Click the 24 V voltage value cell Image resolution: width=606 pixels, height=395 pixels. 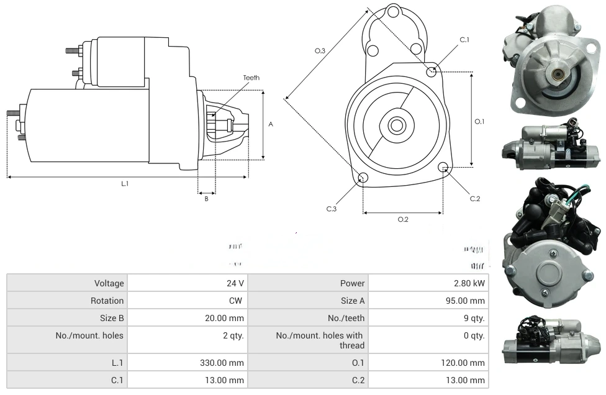click(x=235, y=283)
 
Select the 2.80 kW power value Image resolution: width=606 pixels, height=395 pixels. click(x=469, y=283)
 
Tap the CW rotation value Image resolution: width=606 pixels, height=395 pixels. click(x=237, y=301)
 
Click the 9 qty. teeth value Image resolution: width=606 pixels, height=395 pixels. click(x=475, y=318)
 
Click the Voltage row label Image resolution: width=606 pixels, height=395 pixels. click(x=109, y=283)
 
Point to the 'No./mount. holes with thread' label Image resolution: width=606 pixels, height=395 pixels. click(x=320, y=340)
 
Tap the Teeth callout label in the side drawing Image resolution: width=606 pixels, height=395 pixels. click(x=251, y=78)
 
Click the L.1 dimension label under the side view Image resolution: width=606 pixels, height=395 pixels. click(x=125, y=184)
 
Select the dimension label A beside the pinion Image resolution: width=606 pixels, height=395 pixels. click(x=271, y=124)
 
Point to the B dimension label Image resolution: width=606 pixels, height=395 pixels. click(x=206, y=199)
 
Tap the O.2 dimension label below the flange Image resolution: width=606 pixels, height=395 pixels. click(x=403, y=219)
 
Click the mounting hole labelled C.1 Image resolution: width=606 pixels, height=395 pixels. click(x=432, y=72)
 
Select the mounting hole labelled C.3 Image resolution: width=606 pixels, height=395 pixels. click(x=363, y=179)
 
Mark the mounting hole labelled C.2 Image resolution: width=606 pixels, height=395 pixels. click(x=443, y=167)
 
